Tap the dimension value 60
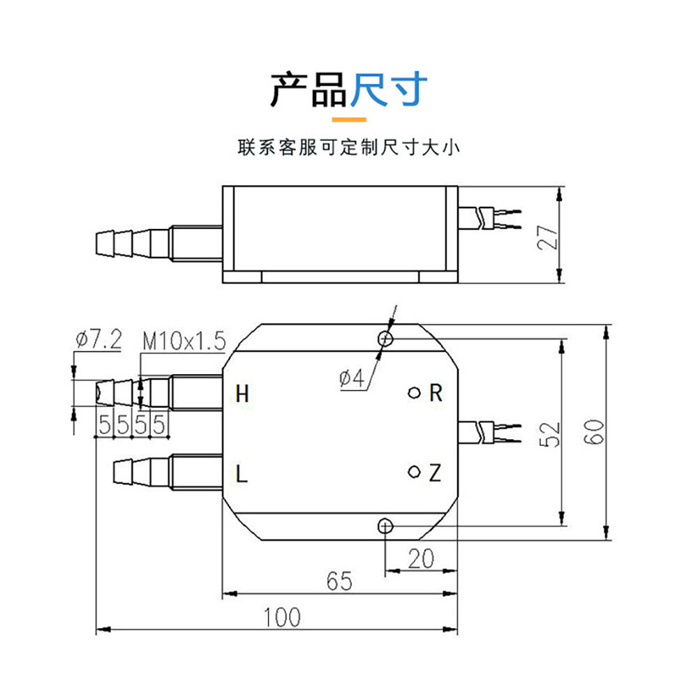pyautogui.click(x=595, y=433)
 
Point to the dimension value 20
pyautogui.click(x=420, y=558)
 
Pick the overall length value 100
pyautogui.click(x=283, y=617)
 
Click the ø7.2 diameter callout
pyautogui.click(x=98, y=341)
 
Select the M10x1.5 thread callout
pyautogui.click(x=184, y=341)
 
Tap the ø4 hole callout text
pyautogui.click(x=352, y=379)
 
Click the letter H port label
pyautogui.click(x=242, y=394)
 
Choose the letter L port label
pyautogui.click(x=242, y=475)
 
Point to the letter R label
pyautogui.click(x=436, y=394)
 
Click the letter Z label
pyautogui.click(x=435, y=475)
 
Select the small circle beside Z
pyautogui.click(x=414, y=473)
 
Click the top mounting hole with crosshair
pyautogui.click(x=385, y=339)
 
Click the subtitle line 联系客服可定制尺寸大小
pyautogui.click(x=349, y=148)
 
